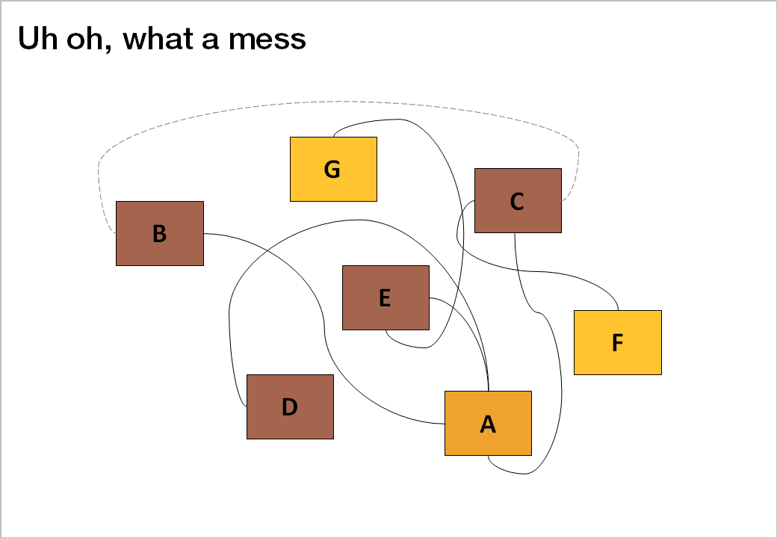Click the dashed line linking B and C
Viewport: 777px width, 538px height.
pos(336,102)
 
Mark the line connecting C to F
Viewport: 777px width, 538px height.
pos(523,270)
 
